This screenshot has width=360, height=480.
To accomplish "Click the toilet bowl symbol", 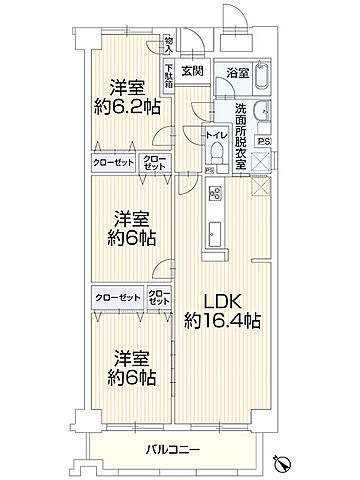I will point(216,153).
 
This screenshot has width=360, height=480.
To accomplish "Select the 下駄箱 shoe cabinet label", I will point(170,78).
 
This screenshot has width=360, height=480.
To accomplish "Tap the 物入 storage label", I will point(169,45).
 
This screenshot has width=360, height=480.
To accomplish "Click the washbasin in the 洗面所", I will point(259,112).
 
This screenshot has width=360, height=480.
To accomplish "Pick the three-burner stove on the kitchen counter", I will point(214,192).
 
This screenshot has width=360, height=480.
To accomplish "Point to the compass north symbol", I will point(285,461).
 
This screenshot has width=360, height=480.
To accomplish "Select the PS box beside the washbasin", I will point(264,141).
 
